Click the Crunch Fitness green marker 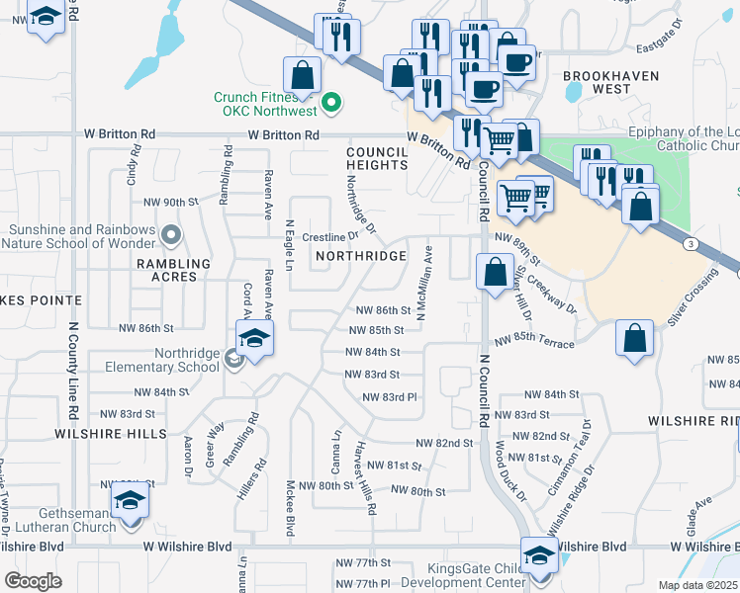tap(332, 101)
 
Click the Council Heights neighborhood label tap(377, 158)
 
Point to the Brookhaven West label tap(597, 82)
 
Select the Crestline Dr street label tap(329, 237)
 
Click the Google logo tap(34, 581)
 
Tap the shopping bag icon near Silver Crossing tap(633, 337)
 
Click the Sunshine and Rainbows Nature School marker tap(171, 235)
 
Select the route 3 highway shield tap(696, 243)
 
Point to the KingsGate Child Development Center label tap(477, 575)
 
